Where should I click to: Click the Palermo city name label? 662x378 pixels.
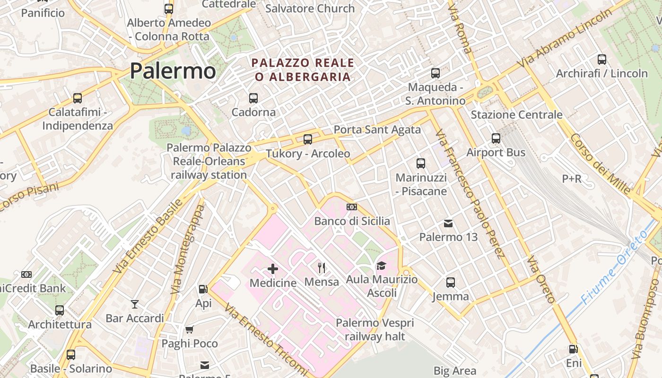coord(173,71)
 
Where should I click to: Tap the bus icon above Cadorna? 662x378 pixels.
coord(253,98)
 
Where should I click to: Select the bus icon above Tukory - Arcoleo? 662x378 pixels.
coord(308,139)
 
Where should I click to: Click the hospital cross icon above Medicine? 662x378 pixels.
coord(273,269)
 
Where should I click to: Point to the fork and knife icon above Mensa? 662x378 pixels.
coord(322,268)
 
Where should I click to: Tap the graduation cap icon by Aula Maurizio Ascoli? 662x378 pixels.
coord(381,266)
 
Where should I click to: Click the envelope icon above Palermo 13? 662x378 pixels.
coord(448,223)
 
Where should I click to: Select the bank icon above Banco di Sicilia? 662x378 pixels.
coord(352,207)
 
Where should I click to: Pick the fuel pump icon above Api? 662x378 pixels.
coord(203,289)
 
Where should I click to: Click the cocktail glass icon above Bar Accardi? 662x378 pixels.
coord(135,304)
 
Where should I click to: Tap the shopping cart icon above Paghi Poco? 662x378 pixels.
coord(190,329)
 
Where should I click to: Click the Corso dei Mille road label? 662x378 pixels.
coord(601,163)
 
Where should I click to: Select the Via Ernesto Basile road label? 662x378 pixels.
coord(148,236)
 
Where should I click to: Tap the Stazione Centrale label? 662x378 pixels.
coord(516,115)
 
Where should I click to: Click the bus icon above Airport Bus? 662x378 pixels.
coord(496,138)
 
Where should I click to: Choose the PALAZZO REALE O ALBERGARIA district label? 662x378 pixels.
coord(303,69)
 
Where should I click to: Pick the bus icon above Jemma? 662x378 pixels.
coord(451,283)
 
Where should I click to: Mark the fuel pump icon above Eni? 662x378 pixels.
coord(573,349)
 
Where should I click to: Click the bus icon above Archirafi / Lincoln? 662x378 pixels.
coord(602,60)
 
